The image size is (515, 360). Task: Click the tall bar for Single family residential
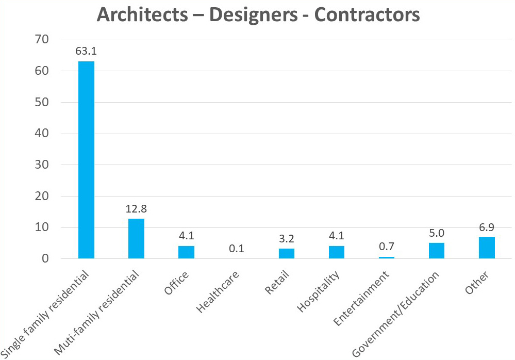pos(86,160)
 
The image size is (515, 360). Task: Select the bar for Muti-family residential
pos(136,238)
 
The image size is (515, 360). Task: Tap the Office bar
pos(186,252)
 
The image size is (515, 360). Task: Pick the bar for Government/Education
pos(437,251)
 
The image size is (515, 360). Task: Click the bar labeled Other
pos(487,248)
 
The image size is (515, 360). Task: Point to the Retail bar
pos(286,253)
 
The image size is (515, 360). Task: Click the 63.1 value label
pos(86,52)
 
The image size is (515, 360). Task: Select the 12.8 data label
pos(136,209)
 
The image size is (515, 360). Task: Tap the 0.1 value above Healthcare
pos(236,249)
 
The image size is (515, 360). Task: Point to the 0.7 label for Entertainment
pos(387,247)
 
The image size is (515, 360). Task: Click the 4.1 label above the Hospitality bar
pos(336,236)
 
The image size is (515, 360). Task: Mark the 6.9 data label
pos(487,227)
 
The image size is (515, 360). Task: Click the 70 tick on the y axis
pos(42,40)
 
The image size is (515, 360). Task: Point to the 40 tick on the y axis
pos(42,134)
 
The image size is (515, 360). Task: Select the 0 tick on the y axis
pos(45,259)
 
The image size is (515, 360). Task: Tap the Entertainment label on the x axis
pos(361,299)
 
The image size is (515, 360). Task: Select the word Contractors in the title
pos(367,15)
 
